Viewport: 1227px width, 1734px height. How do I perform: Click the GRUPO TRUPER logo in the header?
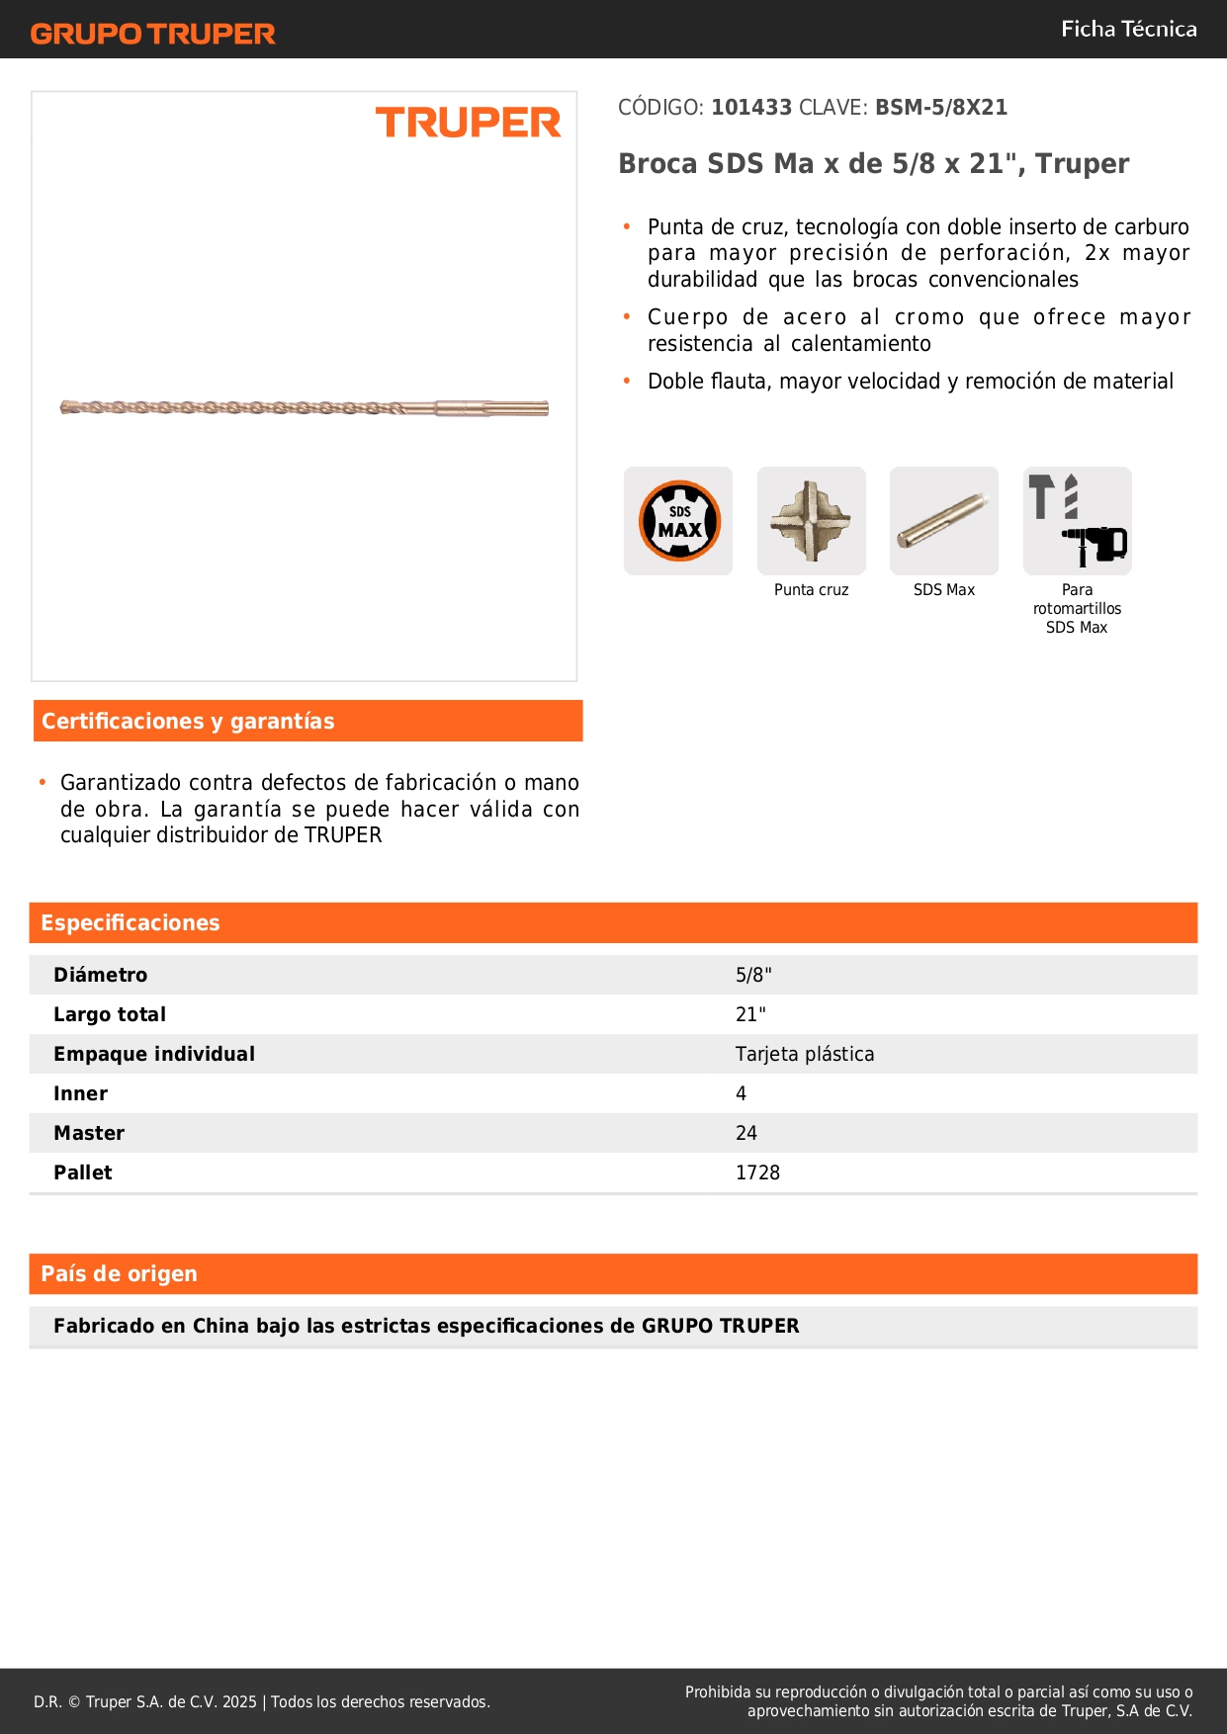click(152, 34)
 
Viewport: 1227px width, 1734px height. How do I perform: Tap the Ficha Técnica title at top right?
click(1128, 29)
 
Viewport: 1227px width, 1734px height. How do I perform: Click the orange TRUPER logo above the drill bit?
click(468, 123)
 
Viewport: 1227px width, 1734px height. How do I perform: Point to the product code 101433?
click(751, 107)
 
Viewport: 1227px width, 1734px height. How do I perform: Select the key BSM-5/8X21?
click(940, 107)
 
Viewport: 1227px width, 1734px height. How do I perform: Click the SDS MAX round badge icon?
click(679, 521)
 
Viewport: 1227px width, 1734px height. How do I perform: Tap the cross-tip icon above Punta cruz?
click(811, 521)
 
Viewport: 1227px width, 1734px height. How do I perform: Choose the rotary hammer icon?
click(1077, 521)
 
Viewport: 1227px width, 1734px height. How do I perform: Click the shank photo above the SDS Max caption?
click(943, 521)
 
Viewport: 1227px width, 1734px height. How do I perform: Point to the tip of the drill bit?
click(66, 406)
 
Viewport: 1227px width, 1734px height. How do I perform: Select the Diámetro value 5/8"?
click(753, 975)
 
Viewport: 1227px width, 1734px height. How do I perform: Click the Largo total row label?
click(110, 1014)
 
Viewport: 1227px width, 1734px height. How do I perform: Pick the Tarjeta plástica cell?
click(805, 1054)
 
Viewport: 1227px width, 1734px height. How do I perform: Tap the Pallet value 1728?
click(757, 1172)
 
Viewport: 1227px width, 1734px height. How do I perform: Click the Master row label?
click(89, 1133)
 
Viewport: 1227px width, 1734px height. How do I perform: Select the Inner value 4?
click(741, 1093)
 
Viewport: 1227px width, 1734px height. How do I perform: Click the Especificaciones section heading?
click(131, 922)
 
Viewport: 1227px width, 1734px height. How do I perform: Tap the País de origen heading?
click(119, 1273)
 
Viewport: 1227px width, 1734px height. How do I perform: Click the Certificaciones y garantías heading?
click(188, 721)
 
